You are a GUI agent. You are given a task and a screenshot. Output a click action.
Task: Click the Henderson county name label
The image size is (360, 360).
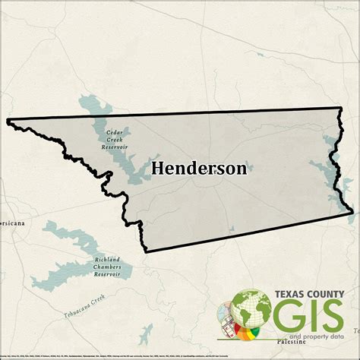[x=199, y=169]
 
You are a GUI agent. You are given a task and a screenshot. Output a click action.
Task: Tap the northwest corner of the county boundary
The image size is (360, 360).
[x=8, y=119]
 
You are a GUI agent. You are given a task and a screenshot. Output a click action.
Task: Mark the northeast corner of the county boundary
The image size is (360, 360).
[x=341, y=108]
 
